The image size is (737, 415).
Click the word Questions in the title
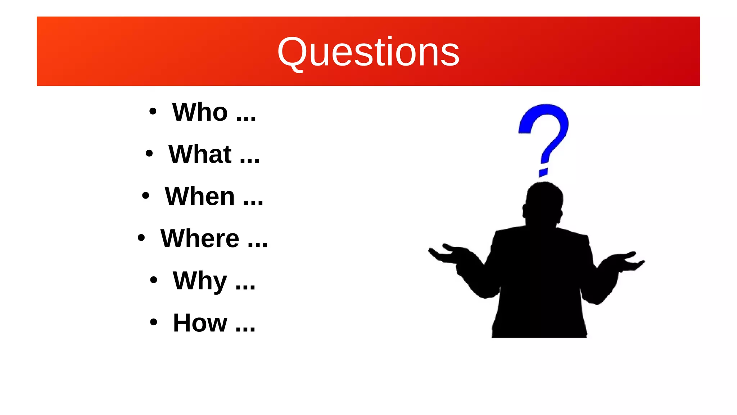[x=368, y=52]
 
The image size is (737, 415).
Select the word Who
[x=200, y=112]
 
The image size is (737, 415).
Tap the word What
[x=200, y=154]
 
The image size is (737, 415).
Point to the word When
[x=200, y=196]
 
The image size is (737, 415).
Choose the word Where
[x=200, y=238]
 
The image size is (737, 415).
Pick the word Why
[x=200, y=281]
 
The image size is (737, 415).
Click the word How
[x=200, y=323]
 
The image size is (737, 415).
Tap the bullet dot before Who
[x=153, y=111]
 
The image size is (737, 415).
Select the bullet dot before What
[x=149, y=153]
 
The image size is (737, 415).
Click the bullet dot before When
[x=145, y=196]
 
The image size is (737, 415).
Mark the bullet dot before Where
[x=141, y=238]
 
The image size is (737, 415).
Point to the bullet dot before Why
[x=154, y=280]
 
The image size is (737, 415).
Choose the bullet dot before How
[x=154, y=322]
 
